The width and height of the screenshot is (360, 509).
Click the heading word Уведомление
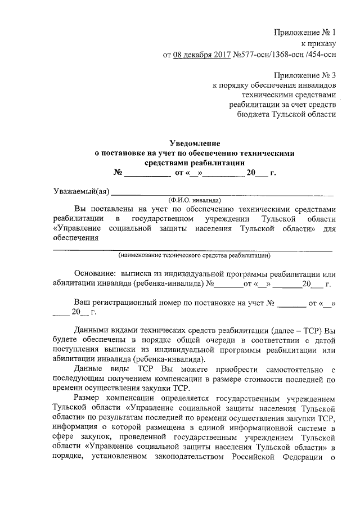[x=195, y=142]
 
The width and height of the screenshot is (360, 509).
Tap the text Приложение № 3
[x=305, y=75]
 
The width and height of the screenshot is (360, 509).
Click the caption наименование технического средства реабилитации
[x=194, y=255]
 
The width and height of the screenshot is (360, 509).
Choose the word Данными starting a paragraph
[x=92, y=331]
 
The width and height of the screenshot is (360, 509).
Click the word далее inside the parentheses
[x=286, y=331]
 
